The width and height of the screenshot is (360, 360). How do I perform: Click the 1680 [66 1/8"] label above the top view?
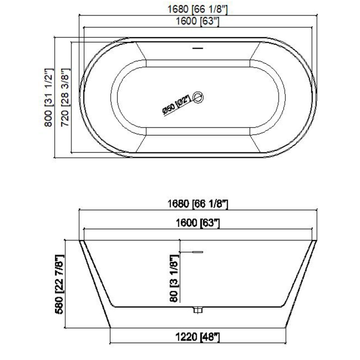pos(198,9)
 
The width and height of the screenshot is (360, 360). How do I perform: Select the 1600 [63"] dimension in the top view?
pos(198,21)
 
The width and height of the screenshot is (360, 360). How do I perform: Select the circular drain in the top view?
pos(198,97)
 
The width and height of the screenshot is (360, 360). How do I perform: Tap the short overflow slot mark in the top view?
pos(198,48)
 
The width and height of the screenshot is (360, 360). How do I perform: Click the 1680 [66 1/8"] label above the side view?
pos(198,204)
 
